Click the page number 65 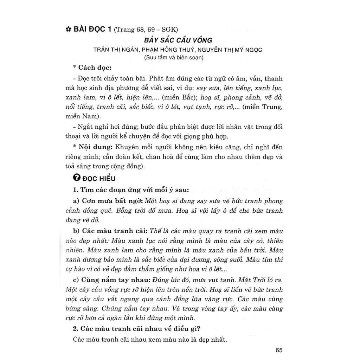click(x=279, y=350)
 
